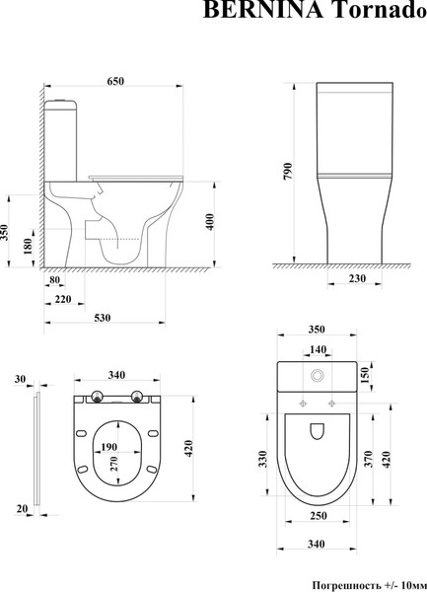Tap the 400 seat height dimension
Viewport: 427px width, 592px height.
(x=209, y=222)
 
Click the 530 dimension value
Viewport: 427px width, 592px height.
(x=102, y=317)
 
